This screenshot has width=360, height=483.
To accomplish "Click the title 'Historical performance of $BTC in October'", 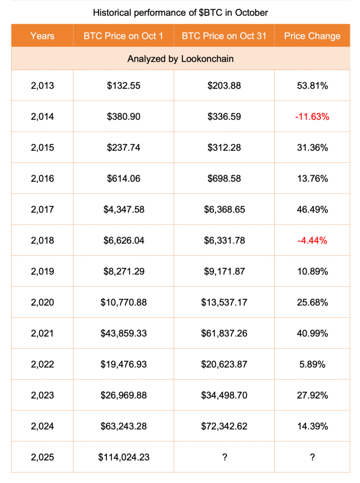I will pos(180,13).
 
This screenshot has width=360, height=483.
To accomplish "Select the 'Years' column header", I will pos(42,36).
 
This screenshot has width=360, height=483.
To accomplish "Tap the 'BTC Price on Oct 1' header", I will pos(123,36).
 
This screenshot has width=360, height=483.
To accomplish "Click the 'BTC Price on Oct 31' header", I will pos(224,36).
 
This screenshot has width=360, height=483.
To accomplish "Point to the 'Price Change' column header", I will pos(312,36).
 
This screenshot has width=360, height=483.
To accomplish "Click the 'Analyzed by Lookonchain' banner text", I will pos(180,59).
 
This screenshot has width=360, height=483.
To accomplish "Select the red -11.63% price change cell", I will pos(312,117).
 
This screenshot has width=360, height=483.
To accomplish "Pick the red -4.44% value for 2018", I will pos(312,240).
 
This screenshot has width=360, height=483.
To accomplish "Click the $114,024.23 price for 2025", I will pos(124,457).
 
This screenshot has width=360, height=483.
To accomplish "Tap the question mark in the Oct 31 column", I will pos(225,457).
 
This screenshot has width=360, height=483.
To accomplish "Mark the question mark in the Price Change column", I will pos(312,457).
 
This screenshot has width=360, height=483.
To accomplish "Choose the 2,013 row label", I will pos(42,86).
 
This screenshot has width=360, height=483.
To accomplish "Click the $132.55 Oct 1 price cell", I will pos(124,86).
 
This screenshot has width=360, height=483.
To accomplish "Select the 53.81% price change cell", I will pos(312,86).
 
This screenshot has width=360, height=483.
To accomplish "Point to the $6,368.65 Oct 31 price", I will pos(225,209).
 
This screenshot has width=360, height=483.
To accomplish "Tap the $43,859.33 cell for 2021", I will pos(124,333).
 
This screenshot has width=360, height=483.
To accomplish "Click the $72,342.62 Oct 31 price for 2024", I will pos(225,426).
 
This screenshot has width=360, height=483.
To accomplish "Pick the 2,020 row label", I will pos(42,302).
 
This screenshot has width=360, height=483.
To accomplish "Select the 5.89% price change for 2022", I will pos(312,364).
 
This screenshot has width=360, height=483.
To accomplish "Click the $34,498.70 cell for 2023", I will pos(225,395).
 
